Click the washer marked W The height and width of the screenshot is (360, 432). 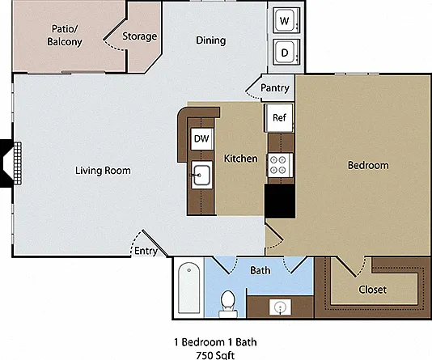click(x=286, y=20)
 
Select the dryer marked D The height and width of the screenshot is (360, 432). click(x=286, y=52)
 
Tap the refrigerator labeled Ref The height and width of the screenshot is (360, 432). click(x=278, y=117)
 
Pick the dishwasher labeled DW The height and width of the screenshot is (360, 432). click(x=202, y=139)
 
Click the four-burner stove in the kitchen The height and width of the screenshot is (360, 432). click(x=278, y=165)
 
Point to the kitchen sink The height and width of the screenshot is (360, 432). click(x=201, y=175)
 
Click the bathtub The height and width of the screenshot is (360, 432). click(x=188, y=287)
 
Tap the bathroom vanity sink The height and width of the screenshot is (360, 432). click(x=280, y=307)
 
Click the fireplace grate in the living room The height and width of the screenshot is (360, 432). click(x=18, y=163)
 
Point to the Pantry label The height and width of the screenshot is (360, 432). click(x=275, y=88)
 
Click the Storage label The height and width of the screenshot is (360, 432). click(x=140, y=36)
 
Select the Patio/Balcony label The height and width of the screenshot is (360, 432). click(x=65, y=36)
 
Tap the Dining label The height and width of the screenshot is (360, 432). click(x=211, y=40)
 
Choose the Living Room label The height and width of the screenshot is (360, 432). click(x=103, y=171)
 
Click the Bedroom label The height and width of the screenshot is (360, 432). click(x=368, y=165)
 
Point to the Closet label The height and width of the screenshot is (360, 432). click(x=372, y=290)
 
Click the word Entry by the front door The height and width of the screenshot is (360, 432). click(x=146, y=251)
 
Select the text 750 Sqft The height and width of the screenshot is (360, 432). click(x=215, y=355)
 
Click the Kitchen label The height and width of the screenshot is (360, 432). click(x=241, y=159)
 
